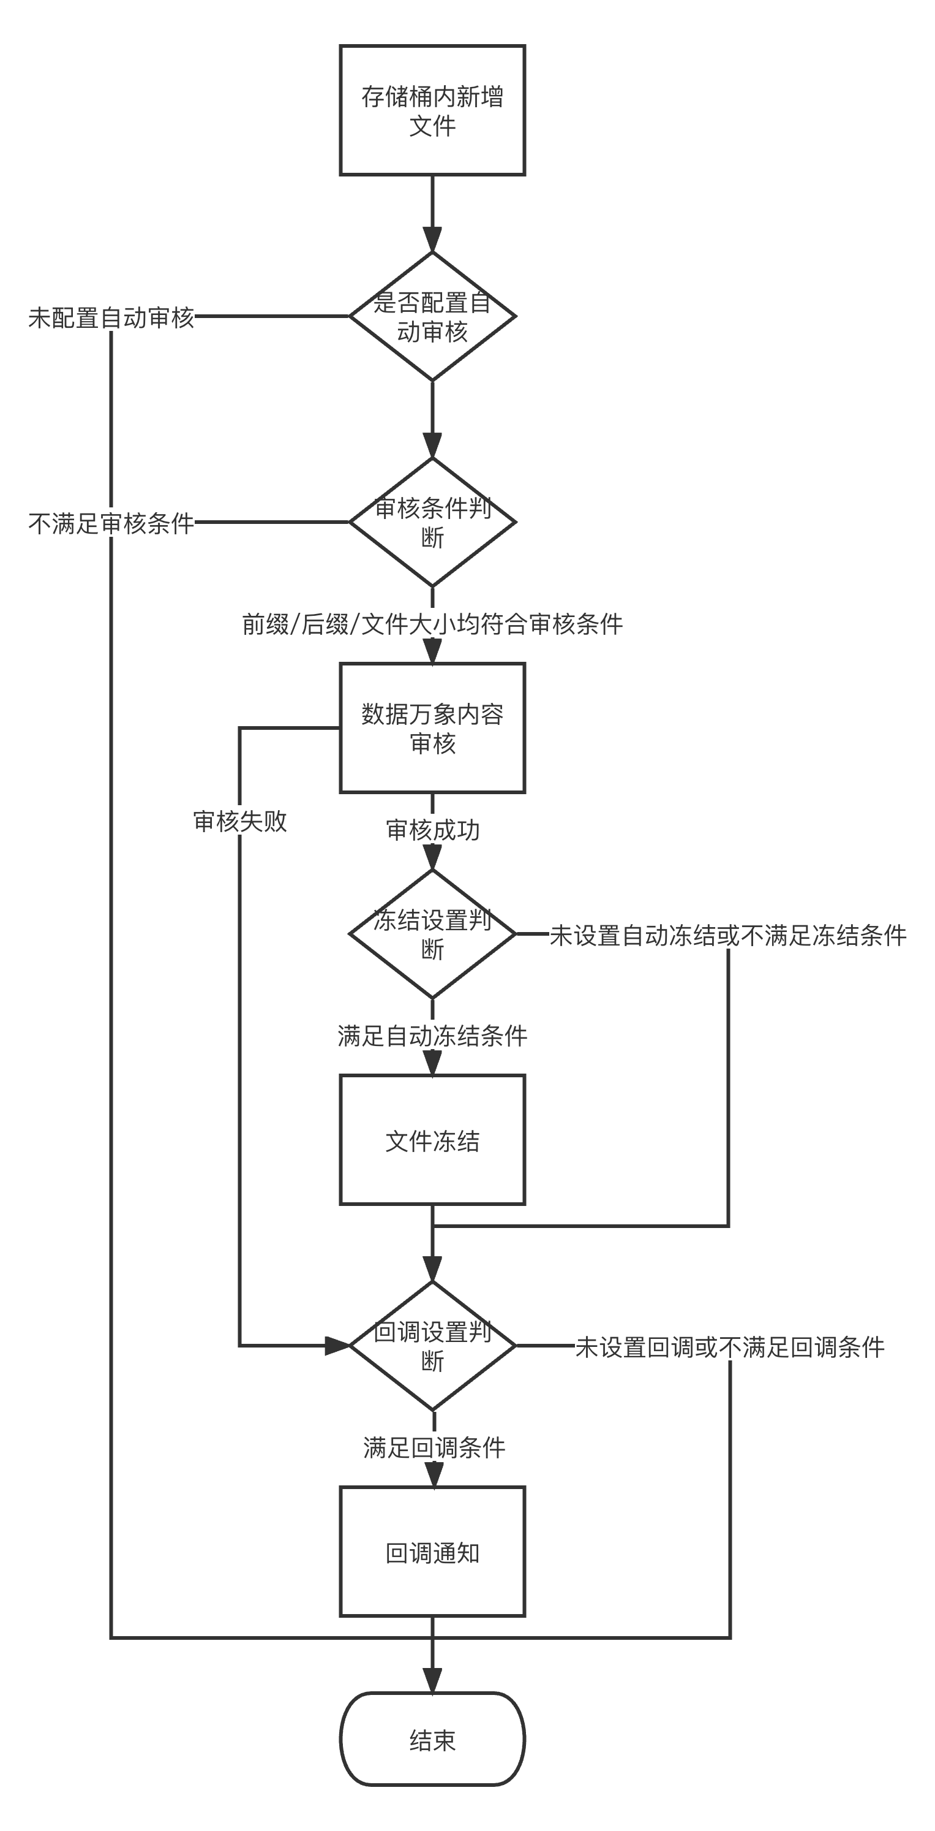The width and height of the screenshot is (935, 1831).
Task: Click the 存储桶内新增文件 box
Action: pos(432,110)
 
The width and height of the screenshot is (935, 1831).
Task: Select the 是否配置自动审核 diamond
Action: pos(432,316)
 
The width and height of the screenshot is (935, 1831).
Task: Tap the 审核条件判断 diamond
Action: pos(432,521)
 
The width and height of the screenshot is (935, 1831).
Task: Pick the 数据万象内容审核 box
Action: pos(432,728)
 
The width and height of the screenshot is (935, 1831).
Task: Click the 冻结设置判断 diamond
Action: pos(432,934)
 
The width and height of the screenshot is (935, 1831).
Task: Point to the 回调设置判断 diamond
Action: pos(432,1346)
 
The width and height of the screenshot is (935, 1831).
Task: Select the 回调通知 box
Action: pos(432,1552)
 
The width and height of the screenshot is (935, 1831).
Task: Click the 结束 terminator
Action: pos(432,1739)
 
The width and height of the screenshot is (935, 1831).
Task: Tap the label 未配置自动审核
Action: pos(111,317)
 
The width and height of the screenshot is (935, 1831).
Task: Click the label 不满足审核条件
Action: pos(111,524)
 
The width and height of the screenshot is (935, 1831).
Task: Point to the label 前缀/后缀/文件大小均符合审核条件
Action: pos(432,624)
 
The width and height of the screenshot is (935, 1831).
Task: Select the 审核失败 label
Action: pos(240,821)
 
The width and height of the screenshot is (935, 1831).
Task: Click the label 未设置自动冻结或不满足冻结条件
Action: pos(728,935)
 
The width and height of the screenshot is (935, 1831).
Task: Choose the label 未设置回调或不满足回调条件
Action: pos(730,1347)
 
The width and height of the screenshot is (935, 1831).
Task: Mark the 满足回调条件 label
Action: pos(434,1447)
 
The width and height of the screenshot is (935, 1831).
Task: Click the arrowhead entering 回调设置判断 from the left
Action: pos(337,1346)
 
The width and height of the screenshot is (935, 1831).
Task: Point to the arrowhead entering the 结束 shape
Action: pos(432,1680)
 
